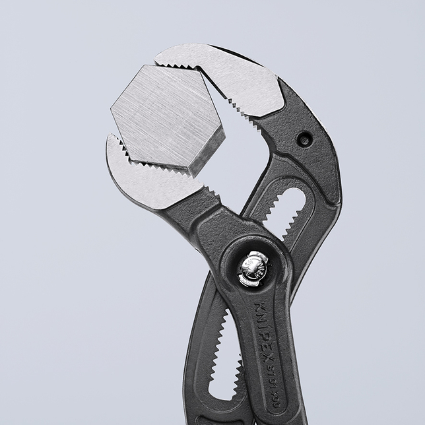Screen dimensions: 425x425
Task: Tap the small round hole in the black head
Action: pos(304,139)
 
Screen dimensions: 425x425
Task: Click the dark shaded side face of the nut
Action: pos(205,155)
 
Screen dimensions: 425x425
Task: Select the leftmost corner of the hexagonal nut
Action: pos(111,109)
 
